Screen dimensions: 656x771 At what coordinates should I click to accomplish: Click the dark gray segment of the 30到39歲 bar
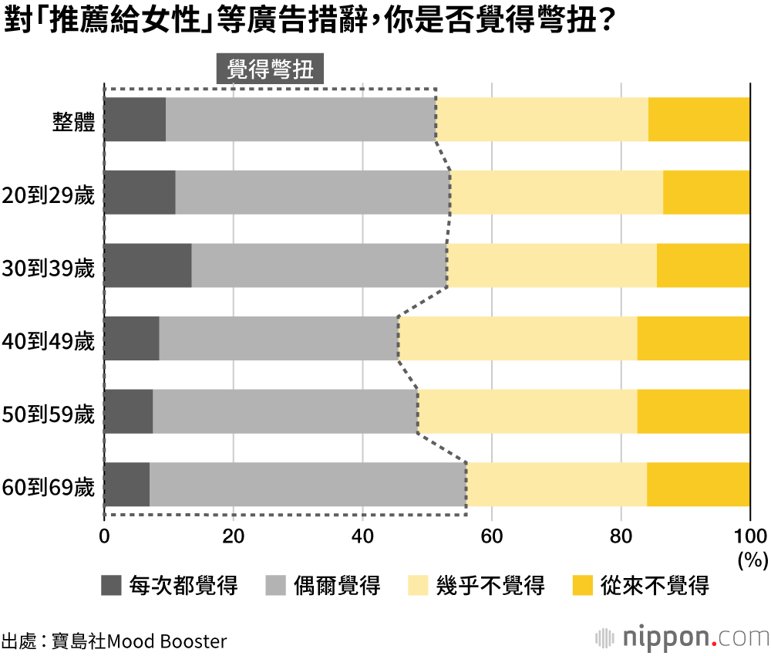[147, 265]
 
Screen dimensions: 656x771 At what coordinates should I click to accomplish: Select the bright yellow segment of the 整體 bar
[699, 120]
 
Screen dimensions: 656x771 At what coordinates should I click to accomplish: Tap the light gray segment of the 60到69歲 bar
[308, 485]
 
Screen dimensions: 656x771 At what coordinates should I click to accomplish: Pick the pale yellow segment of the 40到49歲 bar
[517, 338]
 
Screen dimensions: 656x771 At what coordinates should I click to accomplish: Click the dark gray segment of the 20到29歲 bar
[140, 192]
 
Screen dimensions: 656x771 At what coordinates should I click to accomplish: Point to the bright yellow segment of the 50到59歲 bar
[693, 411]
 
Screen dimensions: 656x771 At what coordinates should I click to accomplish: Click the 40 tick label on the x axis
[362, 536]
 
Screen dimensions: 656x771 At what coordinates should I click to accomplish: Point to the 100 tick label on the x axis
[749, 536]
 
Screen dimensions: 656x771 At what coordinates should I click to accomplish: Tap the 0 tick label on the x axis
[104, 536]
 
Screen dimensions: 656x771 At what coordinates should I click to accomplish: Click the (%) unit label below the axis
[752, 557]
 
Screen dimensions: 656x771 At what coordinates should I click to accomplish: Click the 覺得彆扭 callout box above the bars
[270, 69]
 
